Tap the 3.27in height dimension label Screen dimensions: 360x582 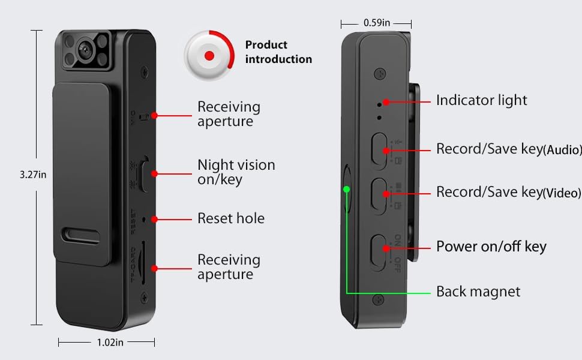click(x=34, y=175)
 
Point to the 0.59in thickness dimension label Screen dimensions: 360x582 click(x=376, y=23)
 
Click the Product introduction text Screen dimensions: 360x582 click(x=278, y=52)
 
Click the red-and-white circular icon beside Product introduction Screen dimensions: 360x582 click(x=209, y=55)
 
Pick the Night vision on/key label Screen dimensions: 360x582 click(x=236, y=172)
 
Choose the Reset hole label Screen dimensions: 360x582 click(x=230, y=218)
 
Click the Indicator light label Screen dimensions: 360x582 click(x=481, y=100)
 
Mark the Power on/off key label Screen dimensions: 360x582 click(x=491, y=247)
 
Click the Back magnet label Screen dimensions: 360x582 click(x=478, y=292)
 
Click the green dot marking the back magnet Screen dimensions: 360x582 click(x=346, y=189)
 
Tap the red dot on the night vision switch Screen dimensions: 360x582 click(x=154, y=173)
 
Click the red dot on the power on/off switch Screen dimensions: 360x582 click(x=385, y=247)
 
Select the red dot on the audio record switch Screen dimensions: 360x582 click(x=385, y=149)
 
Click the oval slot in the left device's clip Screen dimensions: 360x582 click(x=83, y=234)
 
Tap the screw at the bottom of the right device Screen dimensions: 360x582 click(x=378, y=299)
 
